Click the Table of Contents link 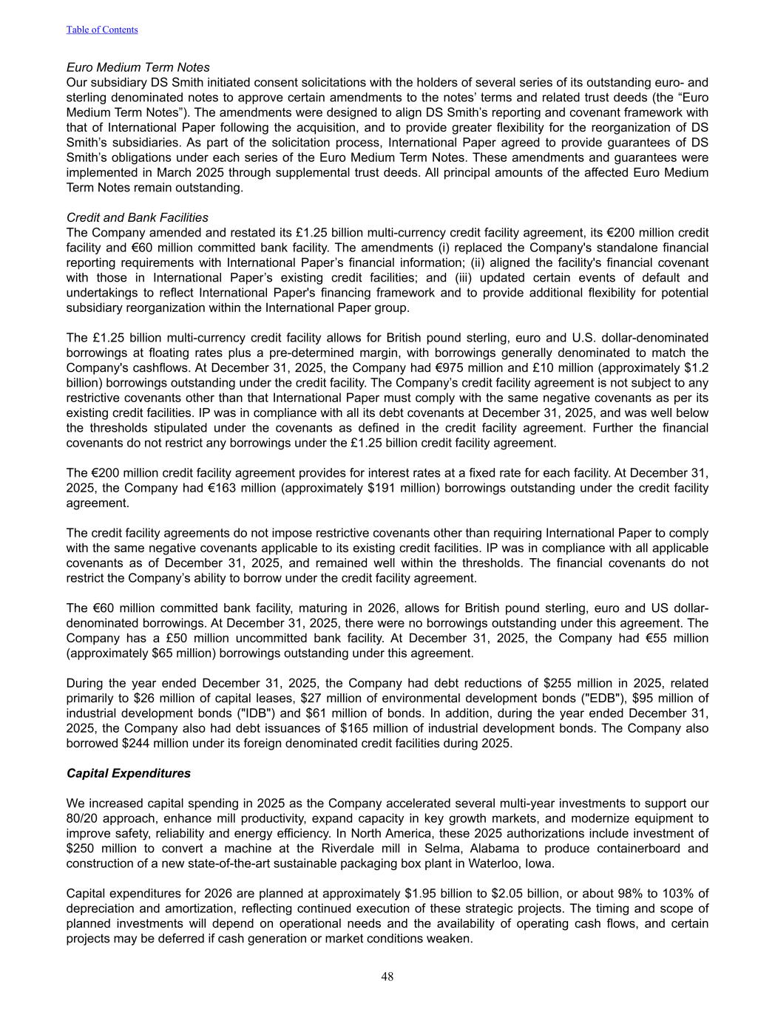pos(102,30)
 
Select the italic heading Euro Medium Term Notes pos(138,68)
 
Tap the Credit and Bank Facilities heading pos(138,217)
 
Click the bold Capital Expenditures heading pos(129,773)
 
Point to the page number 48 pos(387,976)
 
